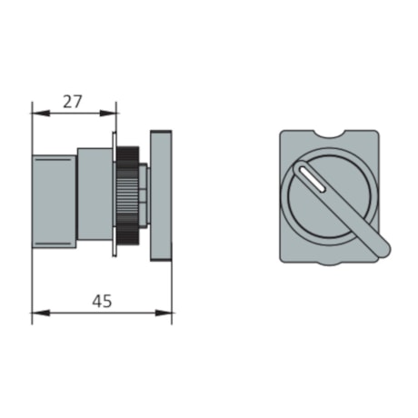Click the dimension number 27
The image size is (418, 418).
[x=74, y=102]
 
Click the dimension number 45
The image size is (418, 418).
[x=103, y=302]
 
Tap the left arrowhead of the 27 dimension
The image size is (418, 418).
[x=36, y=114]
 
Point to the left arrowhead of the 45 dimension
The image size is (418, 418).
[x=36, y=314]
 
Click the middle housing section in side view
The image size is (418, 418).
[x=94, y=193]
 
